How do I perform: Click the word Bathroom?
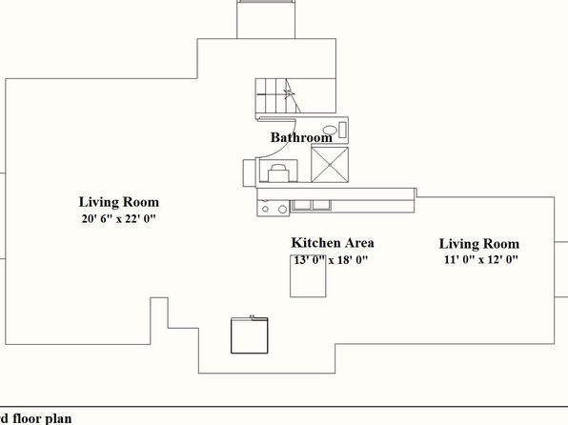[x=301, y=137]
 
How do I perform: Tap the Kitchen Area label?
[x=333, y=243]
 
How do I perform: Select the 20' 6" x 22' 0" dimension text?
[x=118, y=219]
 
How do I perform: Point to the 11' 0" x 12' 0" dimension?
[x=481, y=260]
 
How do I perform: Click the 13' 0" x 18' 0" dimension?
[x=331, y=260]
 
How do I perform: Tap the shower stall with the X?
[x=330, y=165]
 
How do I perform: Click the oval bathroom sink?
[x=330, y=130]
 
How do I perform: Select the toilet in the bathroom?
[x=278, y=172]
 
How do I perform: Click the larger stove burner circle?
[x=282, y=209]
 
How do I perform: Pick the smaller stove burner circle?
[x=265, y=209]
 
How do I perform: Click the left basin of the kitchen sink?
[x=302, y=205]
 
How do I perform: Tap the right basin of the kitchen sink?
[x=322, y=205]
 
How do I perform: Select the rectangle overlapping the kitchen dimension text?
[x=308, y=276]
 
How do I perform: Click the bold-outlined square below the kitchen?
[x=250, y=335]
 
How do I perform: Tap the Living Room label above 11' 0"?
[x=479, y=244]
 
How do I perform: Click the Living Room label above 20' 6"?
[x=119, y=202]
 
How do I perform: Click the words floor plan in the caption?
[x=42, y=418]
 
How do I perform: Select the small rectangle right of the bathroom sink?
[x=342, y=130]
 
